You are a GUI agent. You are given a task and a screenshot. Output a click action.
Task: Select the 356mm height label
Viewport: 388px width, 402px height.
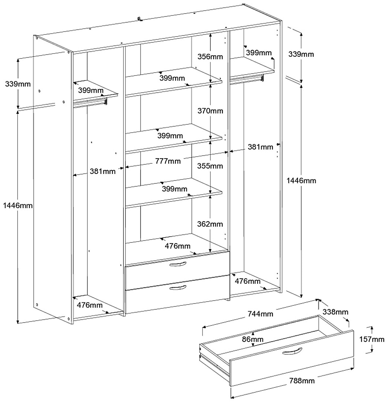pos(210,57)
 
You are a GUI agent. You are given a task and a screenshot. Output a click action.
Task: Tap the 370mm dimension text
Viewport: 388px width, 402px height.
pos(210,111)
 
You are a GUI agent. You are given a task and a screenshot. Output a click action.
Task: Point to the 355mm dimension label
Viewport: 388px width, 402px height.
pos(210,166)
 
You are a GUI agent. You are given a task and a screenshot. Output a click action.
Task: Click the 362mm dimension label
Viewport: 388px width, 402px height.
pos(210,224)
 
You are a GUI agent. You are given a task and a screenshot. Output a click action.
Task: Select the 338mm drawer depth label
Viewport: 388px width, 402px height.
pos(336,312)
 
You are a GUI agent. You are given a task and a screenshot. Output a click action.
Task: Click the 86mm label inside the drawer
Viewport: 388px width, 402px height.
pos(253,339)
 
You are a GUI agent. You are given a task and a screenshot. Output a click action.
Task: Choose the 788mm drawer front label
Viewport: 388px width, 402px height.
pos(302,381)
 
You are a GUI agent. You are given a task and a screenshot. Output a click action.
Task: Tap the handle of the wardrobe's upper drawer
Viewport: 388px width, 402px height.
pos(178,265)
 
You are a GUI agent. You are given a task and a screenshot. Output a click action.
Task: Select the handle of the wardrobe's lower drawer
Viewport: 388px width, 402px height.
pos(179,289)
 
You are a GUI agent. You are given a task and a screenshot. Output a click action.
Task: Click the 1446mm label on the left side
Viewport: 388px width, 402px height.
pos(17,206)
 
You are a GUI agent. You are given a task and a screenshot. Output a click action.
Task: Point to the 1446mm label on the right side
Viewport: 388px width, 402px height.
pos(301,180)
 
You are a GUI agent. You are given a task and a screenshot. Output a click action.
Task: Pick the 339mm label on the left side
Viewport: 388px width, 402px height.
pos(18,84)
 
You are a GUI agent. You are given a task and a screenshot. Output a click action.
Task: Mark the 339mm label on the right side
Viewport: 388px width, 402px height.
pos(301,55)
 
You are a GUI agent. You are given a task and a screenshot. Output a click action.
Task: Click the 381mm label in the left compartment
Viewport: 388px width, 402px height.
pos(102,171)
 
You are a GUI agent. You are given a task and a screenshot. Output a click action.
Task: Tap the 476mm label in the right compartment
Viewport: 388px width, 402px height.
pos(247,281)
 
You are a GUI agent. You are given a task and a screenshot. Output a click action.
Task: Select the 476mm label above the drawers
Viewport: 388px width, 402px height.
pos(178,246)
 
